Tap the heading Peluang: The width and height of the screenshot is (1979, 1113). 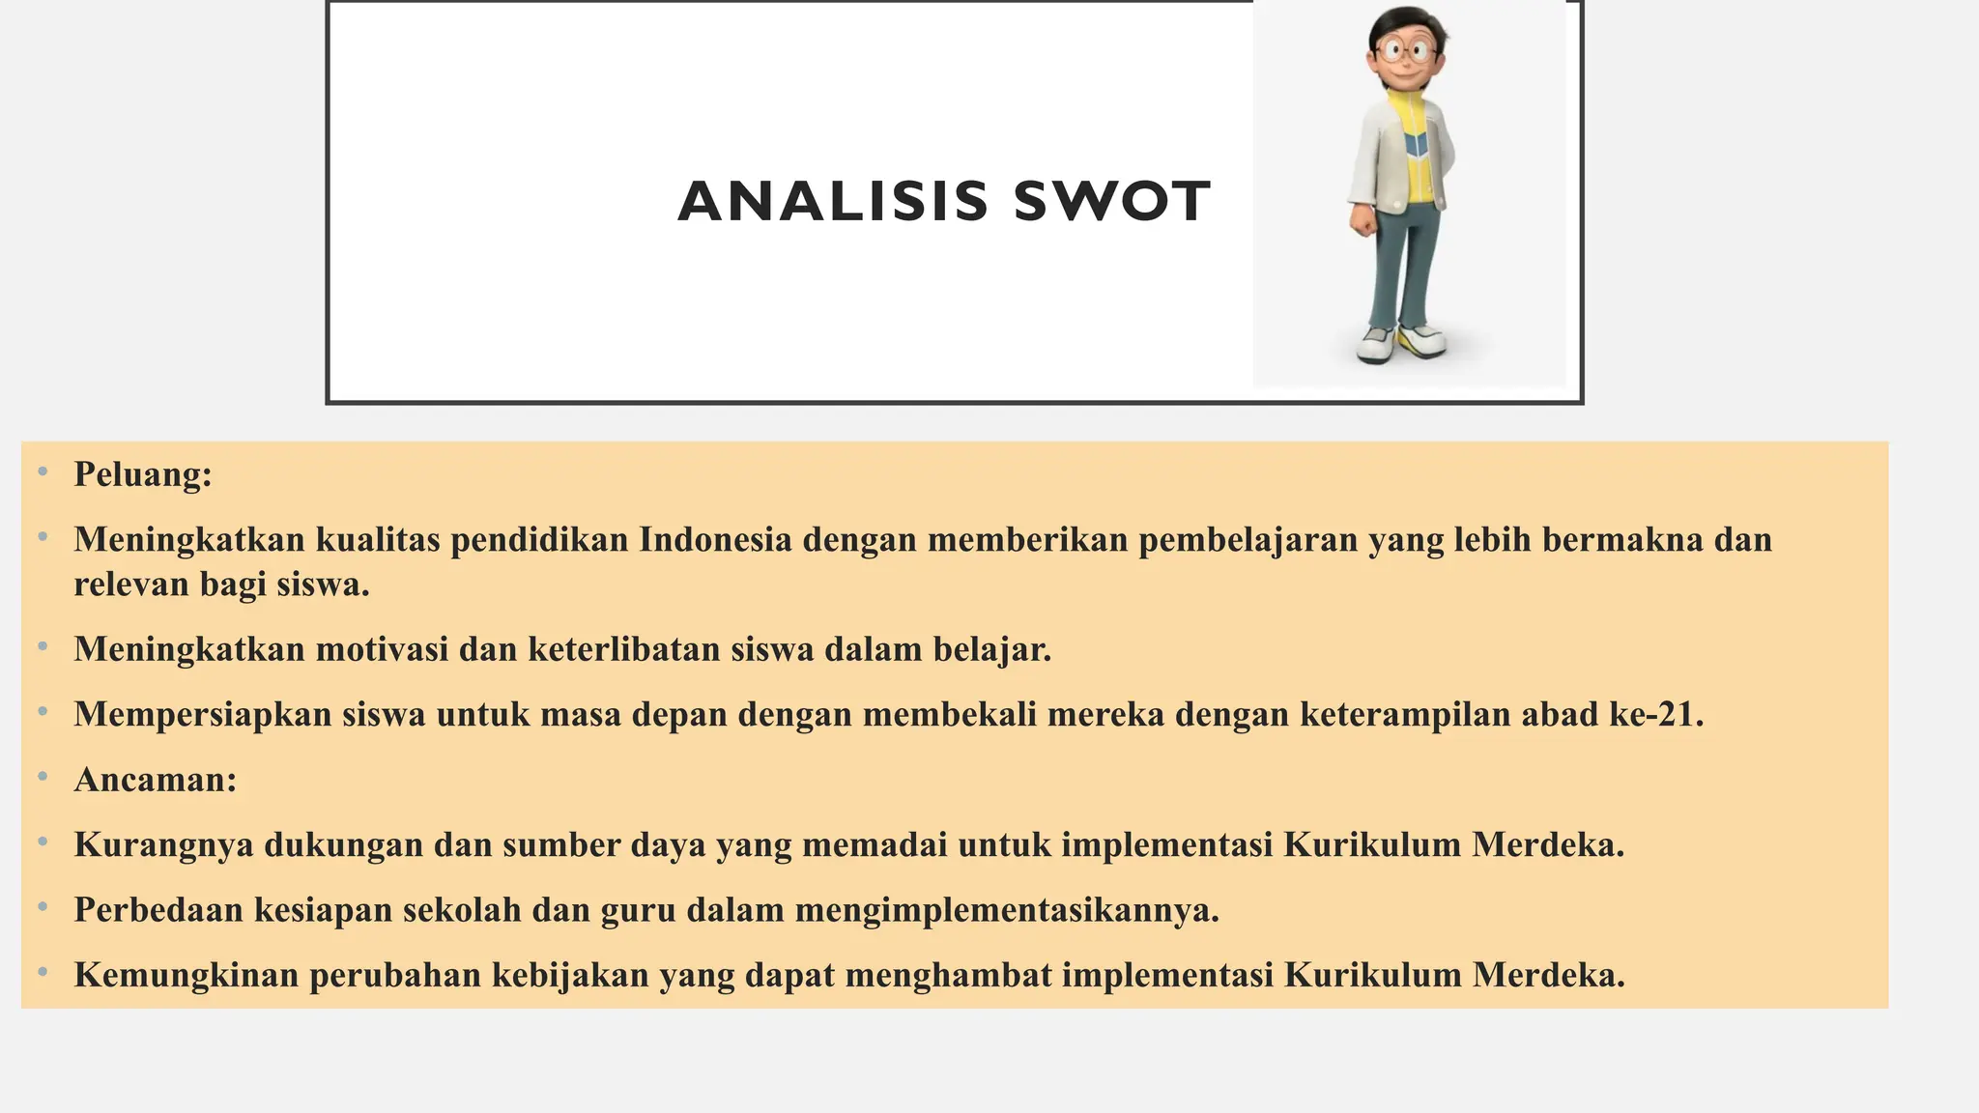(x=143, y=474)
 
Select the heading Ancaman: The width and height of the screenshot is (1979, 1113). (x=156, y=779)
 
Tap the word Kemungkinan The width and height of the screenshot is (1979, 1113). (x=186, y=975)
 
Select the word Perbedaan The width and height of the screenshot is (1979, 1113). (x=158, y=909)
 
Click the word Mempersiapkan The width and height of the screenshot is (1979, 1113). (x=203, y=714)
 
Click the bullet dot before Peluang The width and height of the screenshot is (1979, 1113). (x=43, y=472)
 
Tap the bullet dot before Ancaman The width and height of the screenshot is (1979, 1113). (x=43, y=777)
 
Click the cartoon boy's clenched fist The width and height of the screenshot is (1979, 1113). (x=1363, y=220)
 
